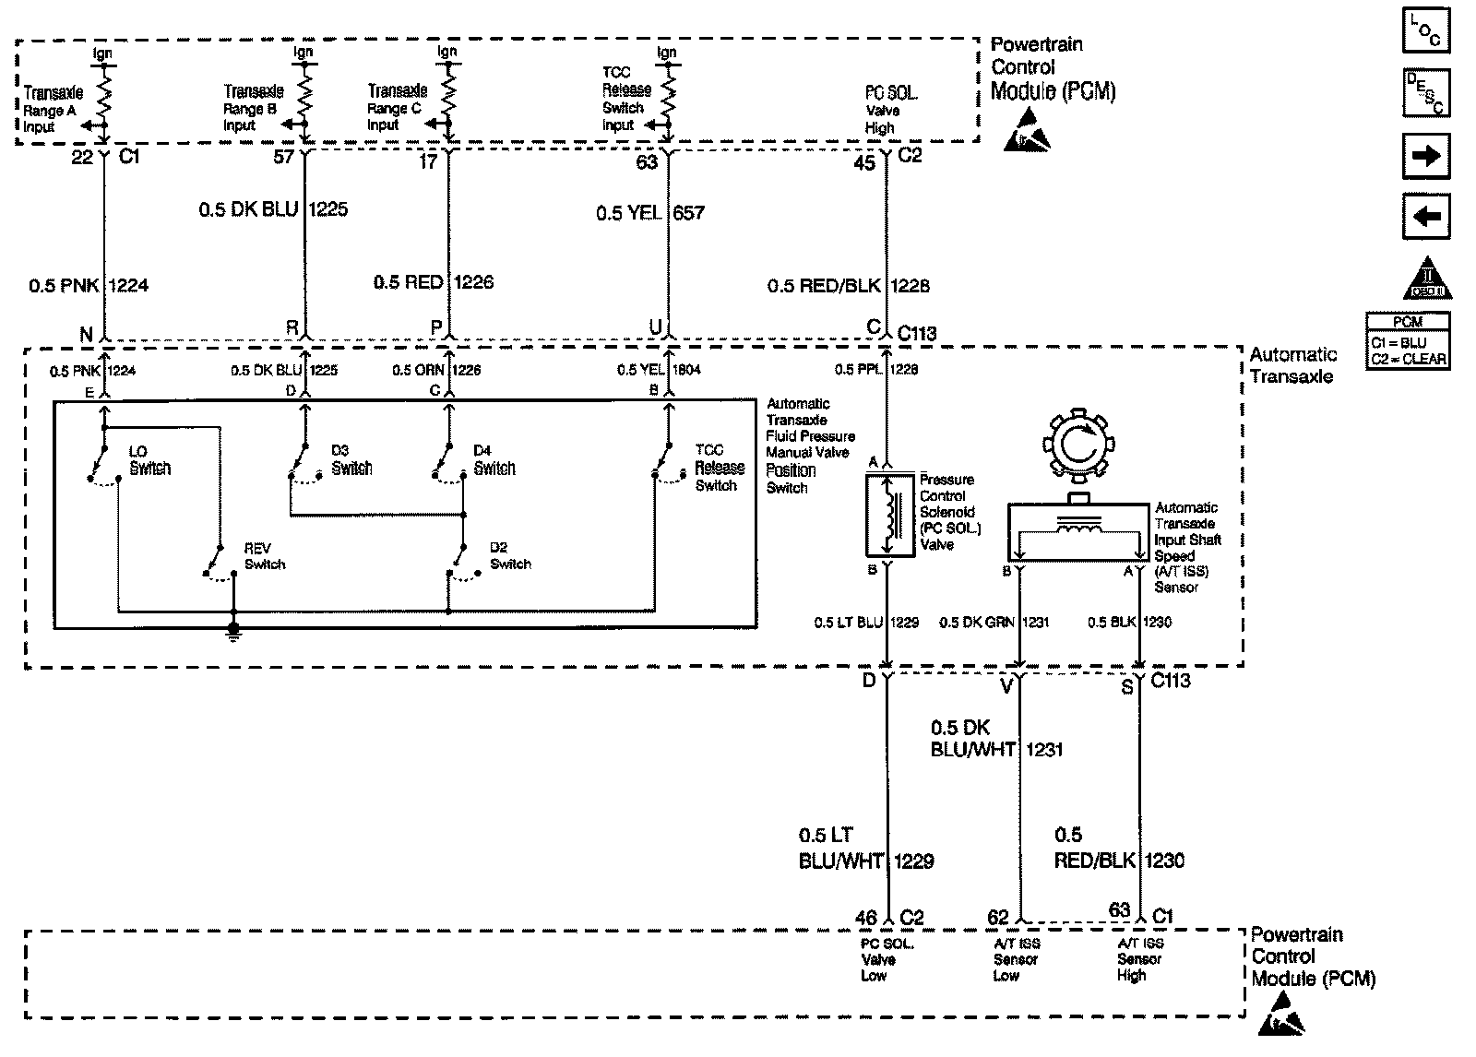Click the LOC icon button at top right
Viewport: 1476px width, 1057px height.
(1425, 30)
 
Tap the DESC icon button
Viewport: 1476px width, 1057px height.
(1425, 92)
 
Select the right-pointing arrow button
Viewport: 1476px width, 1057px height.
(1425, 156)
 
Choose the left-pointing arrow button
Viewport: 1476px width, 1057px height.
(1425, 217)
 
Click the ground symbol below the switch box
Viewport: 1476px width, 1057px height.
(233, 631)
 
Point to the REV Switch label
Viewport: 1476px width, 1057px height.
(264, 556)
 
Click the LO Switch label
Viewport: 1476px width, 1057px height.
(149, 460)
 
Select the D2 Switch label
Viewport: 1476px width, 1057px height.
(510, 556)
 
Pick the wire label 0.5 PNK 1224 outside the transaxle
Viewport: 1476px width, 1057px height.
(89, 286)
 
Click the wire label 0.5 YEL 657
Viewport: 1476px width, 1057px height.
(649, 213)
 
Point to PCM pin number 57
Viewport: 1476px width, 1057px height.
(283, 157)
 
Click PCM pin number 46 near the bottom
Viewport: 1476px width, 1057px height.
(865, 918)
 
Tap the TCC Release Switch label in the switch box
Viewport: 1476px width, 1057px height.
(717, 468)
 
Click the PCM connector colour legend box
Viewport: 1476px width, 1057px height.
(1408, 341)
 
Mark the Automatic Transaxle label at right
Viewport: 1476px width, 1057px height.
(1292, 365)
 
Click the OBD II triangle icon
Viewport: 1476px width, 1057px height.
(1426, 279)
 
